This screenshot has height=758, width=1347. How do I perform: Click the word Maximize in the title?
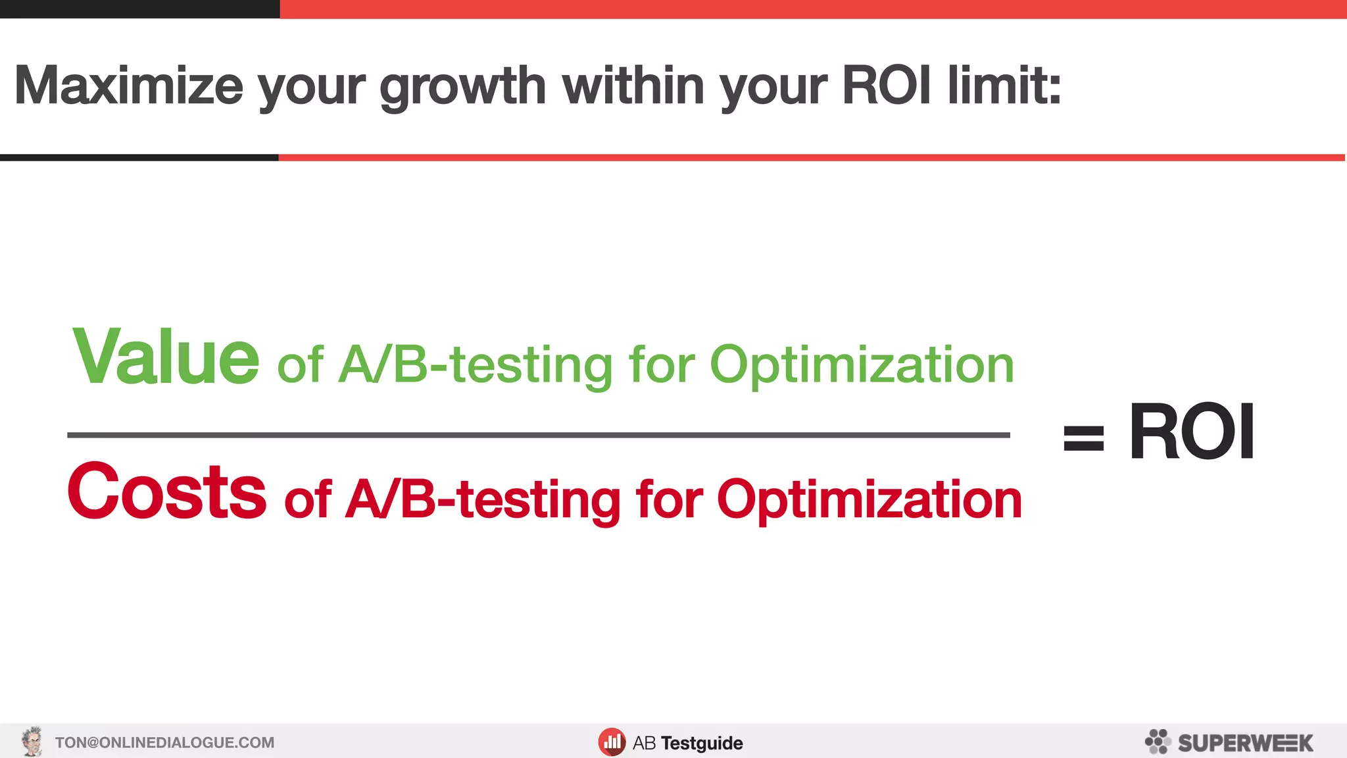click(x=129, y=86)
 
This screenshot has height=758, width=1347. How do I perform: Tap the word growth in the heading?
click(x=462, y=87)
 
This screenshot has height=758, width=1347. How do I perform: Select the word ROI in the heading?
click(x=886, y=86)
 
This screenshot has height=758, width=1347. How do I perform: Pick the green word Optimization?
click(x=862, y=365)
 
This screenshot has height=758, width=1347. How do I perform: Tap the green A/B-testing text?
click(x=476, y=365)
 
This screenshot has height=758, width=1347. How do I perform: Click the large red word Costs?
click(x=167, y=492)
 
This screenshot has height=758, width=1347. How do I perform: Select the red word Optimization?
click(x=869, y=500)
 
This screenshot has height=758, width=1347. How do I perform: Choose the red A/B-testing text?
click(x=483, y=500)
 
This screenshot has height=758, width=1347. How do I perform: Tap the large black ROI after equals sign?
click(x=1191, y=432)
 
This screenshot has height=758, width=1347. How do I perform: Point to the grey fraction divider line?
click(x=538, y=435)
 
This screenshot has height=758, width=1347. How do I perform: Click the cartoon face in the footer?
click(x=32, y=742)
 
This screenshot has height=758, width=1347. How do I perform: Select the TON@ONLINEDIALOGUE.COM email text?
click(x=164, y=743)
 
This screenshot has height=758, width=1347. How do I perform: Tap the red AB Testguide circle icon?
click(x=612, y=742)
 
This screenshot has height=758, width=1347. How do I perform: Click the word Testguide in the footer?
click(x=702, y=743)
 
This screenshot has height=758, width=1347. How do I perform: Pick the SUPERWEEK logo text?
click(x=1245, y=743)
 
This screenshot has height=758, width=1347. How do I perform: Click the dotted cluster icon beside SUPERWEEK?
click(x=1158, y=742)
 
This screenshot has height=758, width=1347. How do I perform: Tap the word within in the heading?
click(x=633, y=86)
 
